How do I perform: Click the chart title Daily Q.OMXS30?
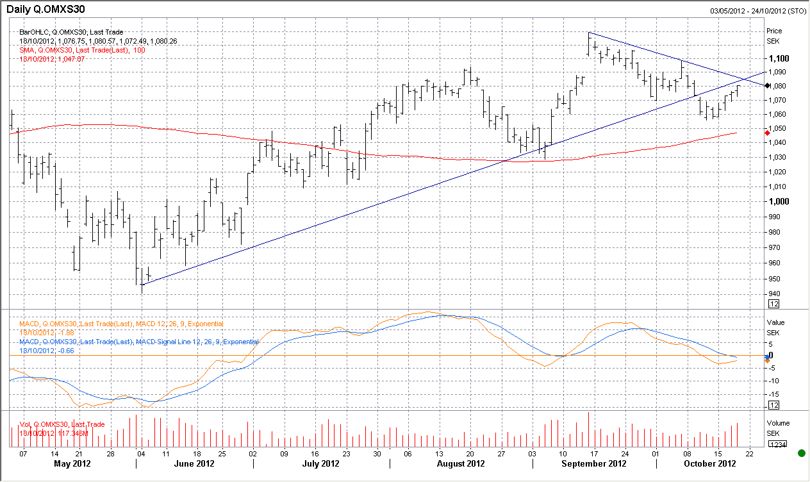coord(45,10)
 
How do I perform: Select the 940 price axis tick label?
coord(775,294)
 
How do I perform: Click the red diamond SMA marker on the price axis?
coord(768,133)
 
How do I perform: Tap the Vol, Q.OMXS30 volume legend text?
coord(62,424)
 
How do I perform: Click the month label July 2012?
coord(320,463)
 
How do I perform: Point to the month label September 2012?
coord(593,463)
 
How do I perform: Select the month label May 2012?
coord(72,463)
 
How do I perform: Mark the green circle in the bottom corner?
coord(801,453)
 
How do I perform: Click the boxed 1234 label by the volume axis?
coord(777,444)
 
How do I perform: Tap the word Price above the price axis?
coord(775,31)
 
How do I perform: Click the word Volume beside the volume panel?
coord(778,423)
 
